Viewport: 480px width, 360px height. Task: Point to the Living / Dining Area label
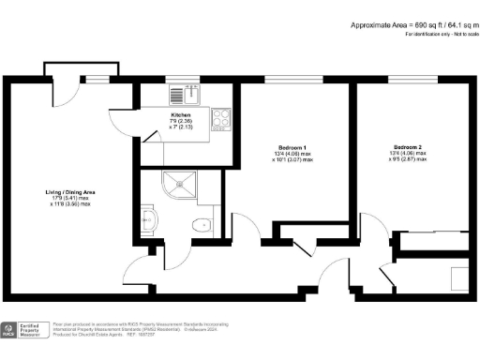click(71, 193)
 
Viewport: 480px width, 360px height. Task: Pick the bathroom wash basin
click(154, 220)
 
